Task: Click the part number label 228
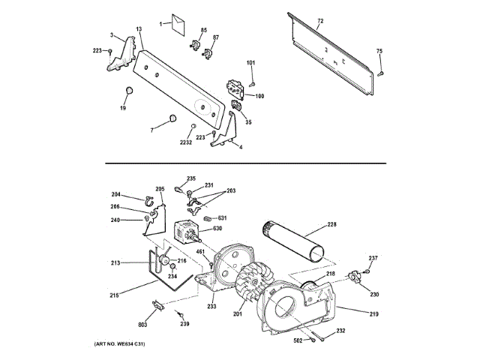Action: pyautogui.click(x=332, y=224)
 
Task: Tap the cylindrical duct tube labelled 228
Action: pyautogui.click(x=293, y=239)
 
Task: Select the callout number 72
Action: pyautogui.click(x=320, y=20)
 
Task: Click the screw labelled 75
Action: pyautogui.click(x=382, y=73)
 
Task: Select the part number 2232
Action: pyautogui.click(x=186, y=142)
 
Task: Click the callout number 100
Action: pyautogui.click(x=259, y=96)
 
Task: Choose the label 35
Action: pyautogui.click(x=248, y=122)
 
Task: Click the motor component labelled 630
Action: pyautogui.click(x=184, y=231)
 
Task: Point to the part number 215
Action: pyautogui.click(x=114, y=295)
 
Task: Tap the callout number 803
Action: pyautogui.click(x=142, y=325)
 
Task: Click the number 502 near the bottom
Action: pyautogui.click(x=297, y=340)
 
